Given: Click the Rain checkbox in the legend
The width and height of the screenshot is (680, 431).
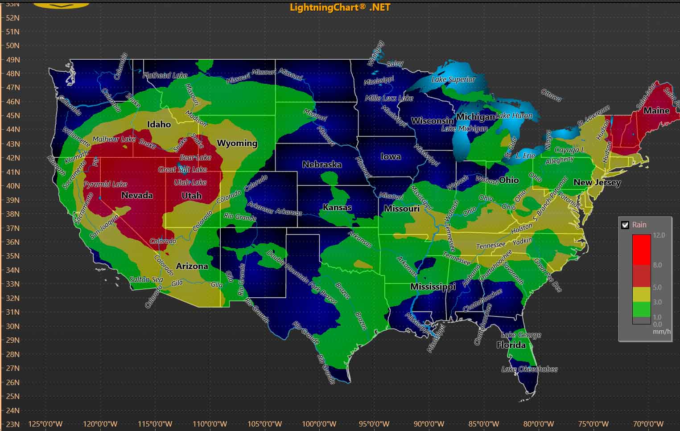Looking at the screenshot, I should (625, 225).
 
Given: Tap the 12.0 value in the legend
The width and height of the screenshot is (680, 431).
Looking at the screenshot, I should (659, 235).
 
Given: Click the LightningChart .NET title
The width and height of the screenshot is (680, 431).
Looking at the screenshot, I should (340, 7).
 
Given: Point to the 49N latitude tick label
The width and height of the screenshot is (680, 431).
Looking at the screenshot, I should (13, 60).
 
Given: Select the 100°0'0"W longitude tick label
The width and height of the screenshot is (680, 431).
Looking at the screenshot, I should (319, 424).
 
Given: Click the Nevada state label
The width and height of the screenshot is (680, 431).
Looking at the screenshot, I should (137, 195).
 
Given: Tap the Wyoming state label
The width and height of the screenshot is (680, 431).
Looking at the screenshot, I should (237, 143).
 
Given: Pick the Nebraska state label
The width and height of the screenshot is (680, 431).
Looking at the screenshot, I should (322, 164).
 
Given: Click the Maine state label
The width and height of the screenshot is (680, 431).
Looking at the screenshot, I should (656, 111).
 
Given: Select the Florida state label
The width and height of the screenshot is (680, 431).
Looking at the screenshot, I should (511, 345).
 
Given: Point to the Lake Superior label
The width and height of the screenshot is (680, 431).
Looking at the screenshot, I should (453, 80).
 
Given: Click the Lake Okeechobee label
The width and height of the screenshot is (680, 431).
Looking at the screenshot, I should (529, 369).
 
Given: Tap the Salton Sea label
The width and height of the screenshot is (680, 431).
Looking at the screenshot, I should (146, 279).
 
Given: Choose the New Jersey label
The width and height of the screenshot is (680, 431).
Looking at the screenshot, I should (597, 182).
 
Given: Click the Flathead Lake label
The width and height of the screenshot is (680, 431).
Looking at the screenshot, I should (165, 75).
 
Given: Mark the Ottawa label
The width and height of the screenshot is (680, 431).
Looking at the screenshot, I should (551, 95).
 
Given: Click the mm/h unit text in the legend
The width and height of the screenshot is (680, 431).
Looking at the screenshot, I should (662, 332).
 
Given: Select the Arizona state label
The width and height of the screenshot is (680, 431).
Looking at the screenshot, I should (192, 266).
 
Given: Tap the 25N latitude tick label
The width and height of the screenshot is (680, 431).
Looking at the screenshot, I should (13, 396).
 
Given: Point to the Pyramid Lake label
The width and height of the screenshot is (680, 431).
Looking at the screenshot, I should (106, 184).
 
